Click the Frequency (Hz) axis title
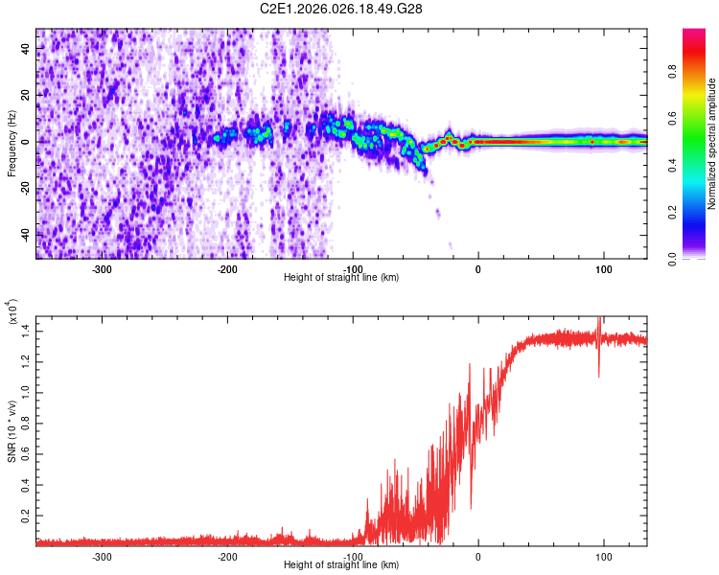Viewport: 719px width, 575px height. (x=12, y=144)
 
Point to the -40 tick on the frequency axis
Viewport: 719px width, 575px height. (x=25, y=235)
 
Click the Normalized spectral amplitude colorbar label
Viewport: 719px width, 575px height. (x=712, y=144)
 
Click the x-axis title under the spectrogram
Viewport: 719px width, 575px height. (x=341, y=277)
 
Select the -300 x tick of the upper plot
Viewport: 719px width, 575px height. (x=103, y=269)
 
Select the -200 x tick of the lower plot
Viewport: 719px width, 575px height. (x=228, y=555)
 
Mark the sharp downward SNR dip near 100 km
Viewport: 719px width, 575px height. (x=599, y=374)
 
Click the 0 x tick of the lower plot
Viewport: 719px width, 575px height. (x=478, y=555)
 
